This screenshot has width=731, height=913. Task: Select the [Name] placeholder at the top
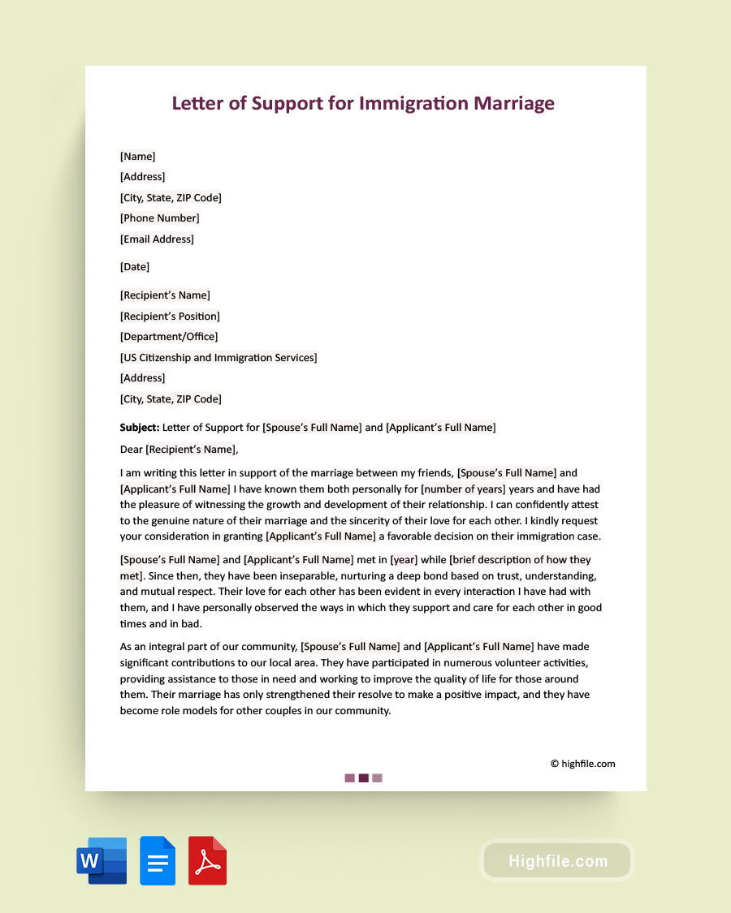(x=137, y=156)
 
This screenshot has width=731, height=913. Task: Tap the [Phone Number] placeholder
(x=159, y=218)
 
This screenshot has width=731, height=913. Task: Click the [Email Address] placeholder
(x=157, y=239)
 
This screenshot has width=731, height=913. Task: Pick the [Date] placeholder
(x=135, y=267)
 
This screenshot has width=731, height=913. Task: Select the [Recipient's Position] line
(x=170, y=317)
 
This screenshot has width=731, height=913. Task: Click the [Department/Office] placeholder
(x=169, y=337)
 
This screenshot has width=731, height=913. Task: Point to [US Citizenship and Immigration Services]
(x=218, y=358)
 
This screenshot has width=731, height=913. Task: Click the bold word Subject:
(x=140, y=428)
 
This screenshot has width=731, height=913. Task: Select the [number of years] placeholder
(x=463, y=489)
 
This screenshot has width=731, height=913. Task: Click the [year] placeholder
(x=404, y=560)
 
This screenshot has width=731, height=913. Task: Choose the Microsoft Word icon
(x=102, y=860)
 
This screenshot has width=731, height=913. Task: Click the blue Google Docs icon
(x=158, y=860)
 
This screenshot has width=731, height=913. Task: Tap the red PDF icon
(x=207, y=860)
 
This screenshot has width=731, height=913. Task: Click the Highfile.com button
(x=557, y=861)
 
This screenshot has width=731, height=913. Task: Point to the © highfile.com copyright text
(x=582, y=764)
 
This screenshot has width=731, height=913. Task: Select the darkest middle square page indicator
(x=363, y=778)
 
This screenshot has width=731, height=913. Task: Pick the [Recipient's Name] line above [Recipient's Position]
(x=165, y=295)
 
